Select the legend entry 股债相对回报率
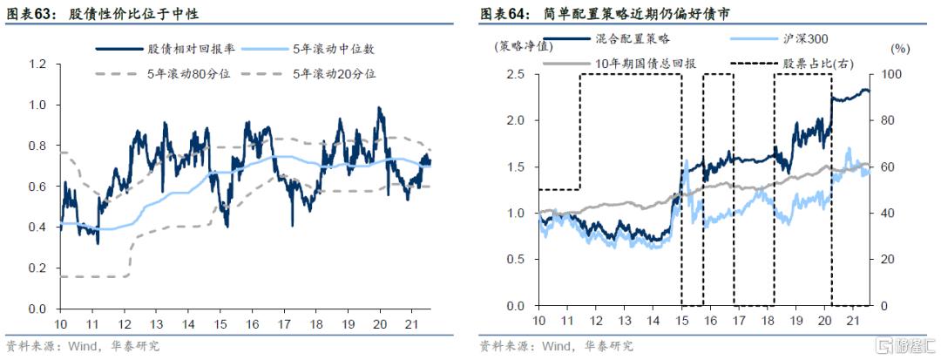178,49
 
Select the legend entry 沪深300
805,39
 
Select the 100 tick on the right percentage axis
890,74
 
